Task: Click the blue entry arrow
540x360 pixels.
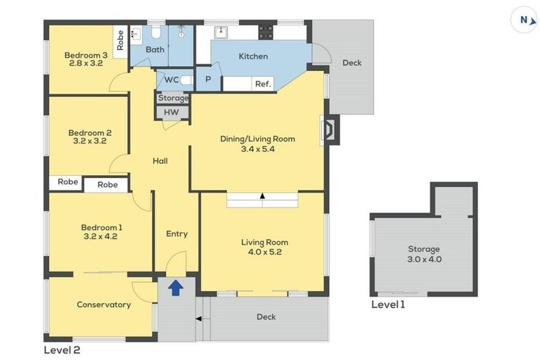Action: [176, 288]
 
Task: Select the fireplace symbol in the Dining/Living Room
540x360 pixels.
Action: [330, 129]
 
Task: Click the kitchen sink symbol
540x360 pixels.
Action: [220, 32]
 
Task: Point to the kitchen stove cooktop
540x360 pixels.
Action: [266, 32]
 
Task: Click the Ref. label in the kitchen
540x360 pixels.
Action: [263, 84]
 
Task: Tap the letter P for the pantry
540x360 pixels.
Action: [208, 79]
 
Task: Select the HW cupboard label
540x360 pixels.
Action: [171, 112]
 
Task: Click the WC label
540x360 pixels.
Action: [172, 80]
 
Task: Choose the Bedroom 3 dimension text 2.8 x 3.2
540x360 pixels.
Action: [86, 63]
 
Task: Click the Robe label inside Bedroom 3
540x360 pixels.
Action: [120, 40]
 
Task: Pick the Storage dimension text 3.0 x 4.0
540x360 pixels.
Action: [424, 259]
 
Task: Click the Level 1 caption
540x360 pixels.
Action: [388, 304]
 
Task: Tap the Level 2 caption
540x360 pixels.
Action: [62, 350]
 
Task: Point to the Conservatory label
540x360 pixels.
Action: [103, 304]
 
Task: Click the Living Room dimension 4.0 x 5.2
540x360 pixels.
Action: [265, 252]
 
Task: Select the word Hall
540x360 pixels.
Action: [160, 161]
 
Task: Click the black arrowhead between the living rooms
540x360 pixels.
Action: [262, 195]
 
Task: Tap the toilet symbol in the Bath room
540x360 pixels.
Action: [157, 32]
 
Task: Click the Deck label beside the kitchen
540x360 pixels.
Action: [352, 63]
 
